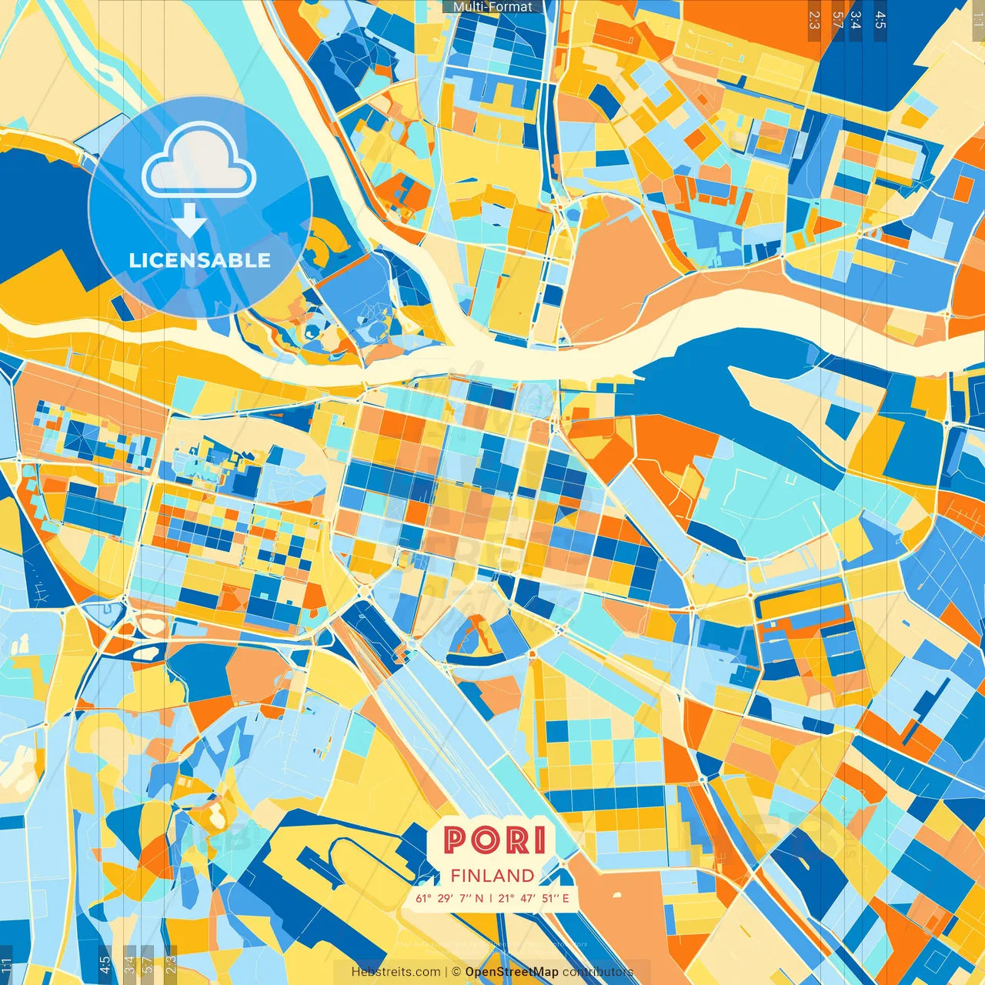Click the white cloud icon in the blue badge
tap(199, 162)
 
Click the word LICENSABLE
tap(200, 260)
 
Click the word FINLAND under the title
tap(492, 876)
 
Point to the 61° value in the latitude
tap(423, 898)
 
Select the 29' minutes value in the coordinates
tap(444, 898)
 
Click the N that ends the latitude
tap(479, 898)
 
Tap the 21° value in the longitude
tap(506, 898)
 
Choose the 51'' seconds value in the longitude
tap(549, 898)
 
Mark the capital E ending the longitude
tap(566, 898)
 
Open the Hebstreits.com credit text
tap(396, 972)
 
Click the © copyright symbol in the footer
tap(456, 972)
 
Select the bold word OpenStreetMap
tap(512, 972)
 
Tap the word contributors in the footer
tap(598, 972)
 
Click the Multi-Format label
tap(492, 7)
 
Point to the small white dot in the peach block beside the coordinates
tap(616, 894)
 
